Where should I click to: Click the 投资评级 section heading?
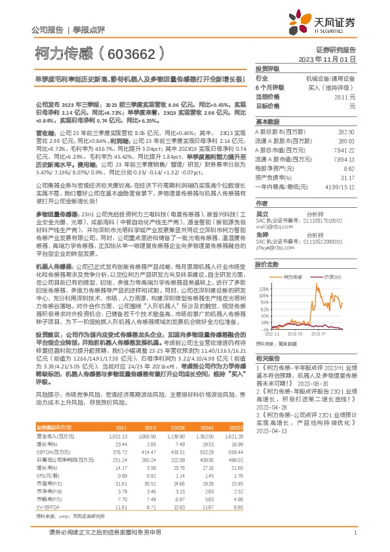267,68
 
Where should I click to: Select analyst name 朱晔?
262,234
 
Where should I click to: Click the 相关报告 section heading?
267,359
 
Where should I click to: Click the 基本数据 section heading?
267,122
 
